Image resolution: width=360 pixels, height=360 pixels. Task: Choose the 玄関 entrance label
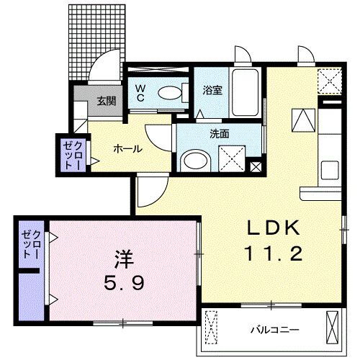pyautogui.click(x=107, y=100)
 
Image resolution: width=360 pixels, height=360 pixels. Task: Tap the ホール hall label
pyautogui.click(x=127, y=149)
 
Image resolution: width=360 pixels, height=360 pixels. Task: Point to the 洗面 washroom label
pyautogui.click(x=220, y=134)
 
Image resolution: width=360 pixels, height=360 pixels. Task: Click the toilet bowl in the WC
pyautogui.click(x=170, y=92)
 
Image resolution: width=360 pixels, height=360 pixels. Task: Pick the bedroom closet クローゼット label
pyautogui.click(x=30, y=243)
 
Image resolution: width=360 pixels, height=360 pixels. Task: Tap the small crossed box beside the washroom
pyautogui.click(x=256, y=166)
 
